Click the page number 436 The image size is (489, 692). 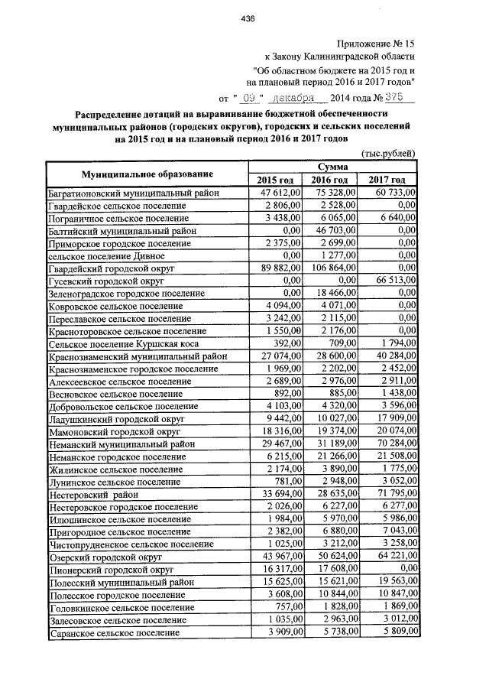coord(246,18)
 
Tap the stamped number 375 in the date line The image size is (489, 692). coord(397,99)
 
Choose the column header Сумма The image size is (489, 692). coord(335,166)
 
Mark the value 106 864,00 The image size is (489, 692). coord(326,268)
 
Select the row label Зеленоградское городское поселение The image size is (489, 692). coord(127,293)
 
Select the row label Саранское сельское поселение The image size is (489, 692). coord(114,633)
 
